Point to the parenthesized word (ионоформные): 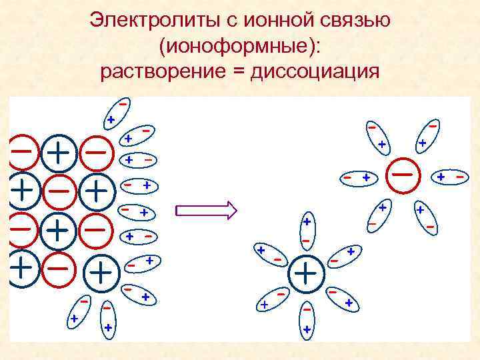point(240,45)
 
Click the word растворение point(164,71)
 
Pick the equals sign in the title point(241,71)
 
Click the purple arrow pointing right point(206,211)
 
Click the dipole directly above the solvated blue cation point(306,230)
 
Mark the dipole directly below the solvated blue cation point(307,319)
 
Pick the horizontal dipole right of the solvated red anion point(451,177)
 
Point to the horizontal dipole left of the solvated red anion point(357,177)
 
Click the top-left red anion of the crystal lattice point(21,152)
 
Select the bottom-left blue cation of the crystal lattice point(22,268)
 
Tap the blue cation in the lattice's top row point(59,153)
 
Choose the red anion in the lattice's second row point(59,191)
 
